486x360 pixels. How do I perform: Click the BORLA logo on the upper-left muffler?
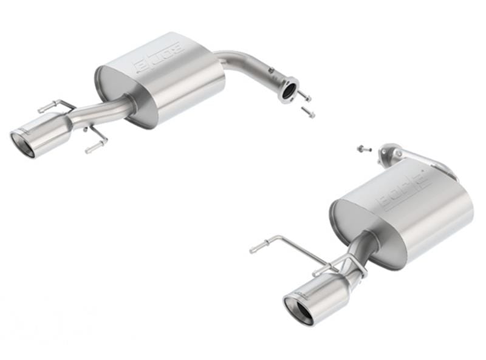click(159, 57)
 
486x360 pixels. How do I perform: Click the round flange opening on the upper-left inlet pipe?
click(289, 90)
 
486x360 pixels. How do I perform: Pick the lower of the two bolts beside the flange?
click(309, 112)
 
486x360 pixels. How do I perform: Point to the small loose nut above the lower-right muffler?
click(360, 148)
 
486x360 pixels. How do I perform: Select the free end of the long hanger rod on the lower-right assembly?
click(255, 249)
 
